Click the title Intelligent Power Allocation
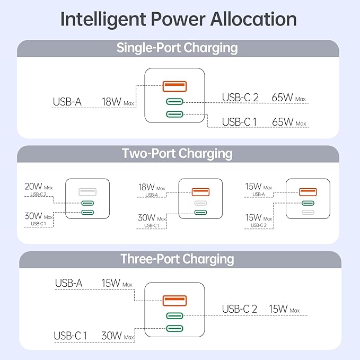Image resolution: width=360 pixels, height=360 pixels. point(178,19)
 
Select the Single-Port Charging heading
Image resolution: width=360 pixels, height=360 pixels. point(177,48)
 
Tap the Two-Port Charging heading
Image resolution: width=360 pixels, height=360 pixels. point(177,154)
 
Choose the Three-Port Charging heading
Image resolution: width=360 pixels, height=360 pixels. point(177,259)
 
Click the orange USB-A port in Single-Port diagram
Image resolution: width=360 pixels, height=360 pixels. point(174,85)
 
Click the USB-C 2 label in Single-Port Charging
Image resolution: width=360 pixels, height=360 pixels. point(240,98)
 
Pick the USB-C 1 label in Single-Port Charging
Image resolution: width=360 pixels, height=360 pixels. point(239,122)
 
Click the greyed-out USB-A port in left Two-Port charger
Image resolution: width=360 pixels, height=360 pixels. point(87,191)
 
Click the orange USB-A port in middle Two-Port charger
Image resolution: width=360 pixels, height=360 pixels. point(200,191)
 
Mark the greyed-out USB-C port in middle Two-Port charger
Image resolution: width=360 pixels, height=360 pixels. point(200,203)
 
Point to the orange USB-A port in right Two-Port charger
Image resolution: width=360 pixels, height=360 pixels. point(308,191)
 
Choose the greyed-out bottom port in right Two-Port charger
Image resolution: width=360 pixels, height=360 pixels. point(308,213)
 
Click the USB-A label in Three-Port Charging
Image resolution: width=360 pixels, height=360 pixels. point(69,283)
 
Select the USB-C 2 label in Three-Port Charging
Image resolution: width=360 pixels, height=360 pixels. point(239,309)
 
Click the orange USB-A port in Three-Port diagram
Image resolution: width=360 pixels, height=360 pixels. point(174,301)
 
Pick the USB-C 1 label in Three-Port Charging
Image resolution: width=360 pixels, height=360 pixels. point(71,336)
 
